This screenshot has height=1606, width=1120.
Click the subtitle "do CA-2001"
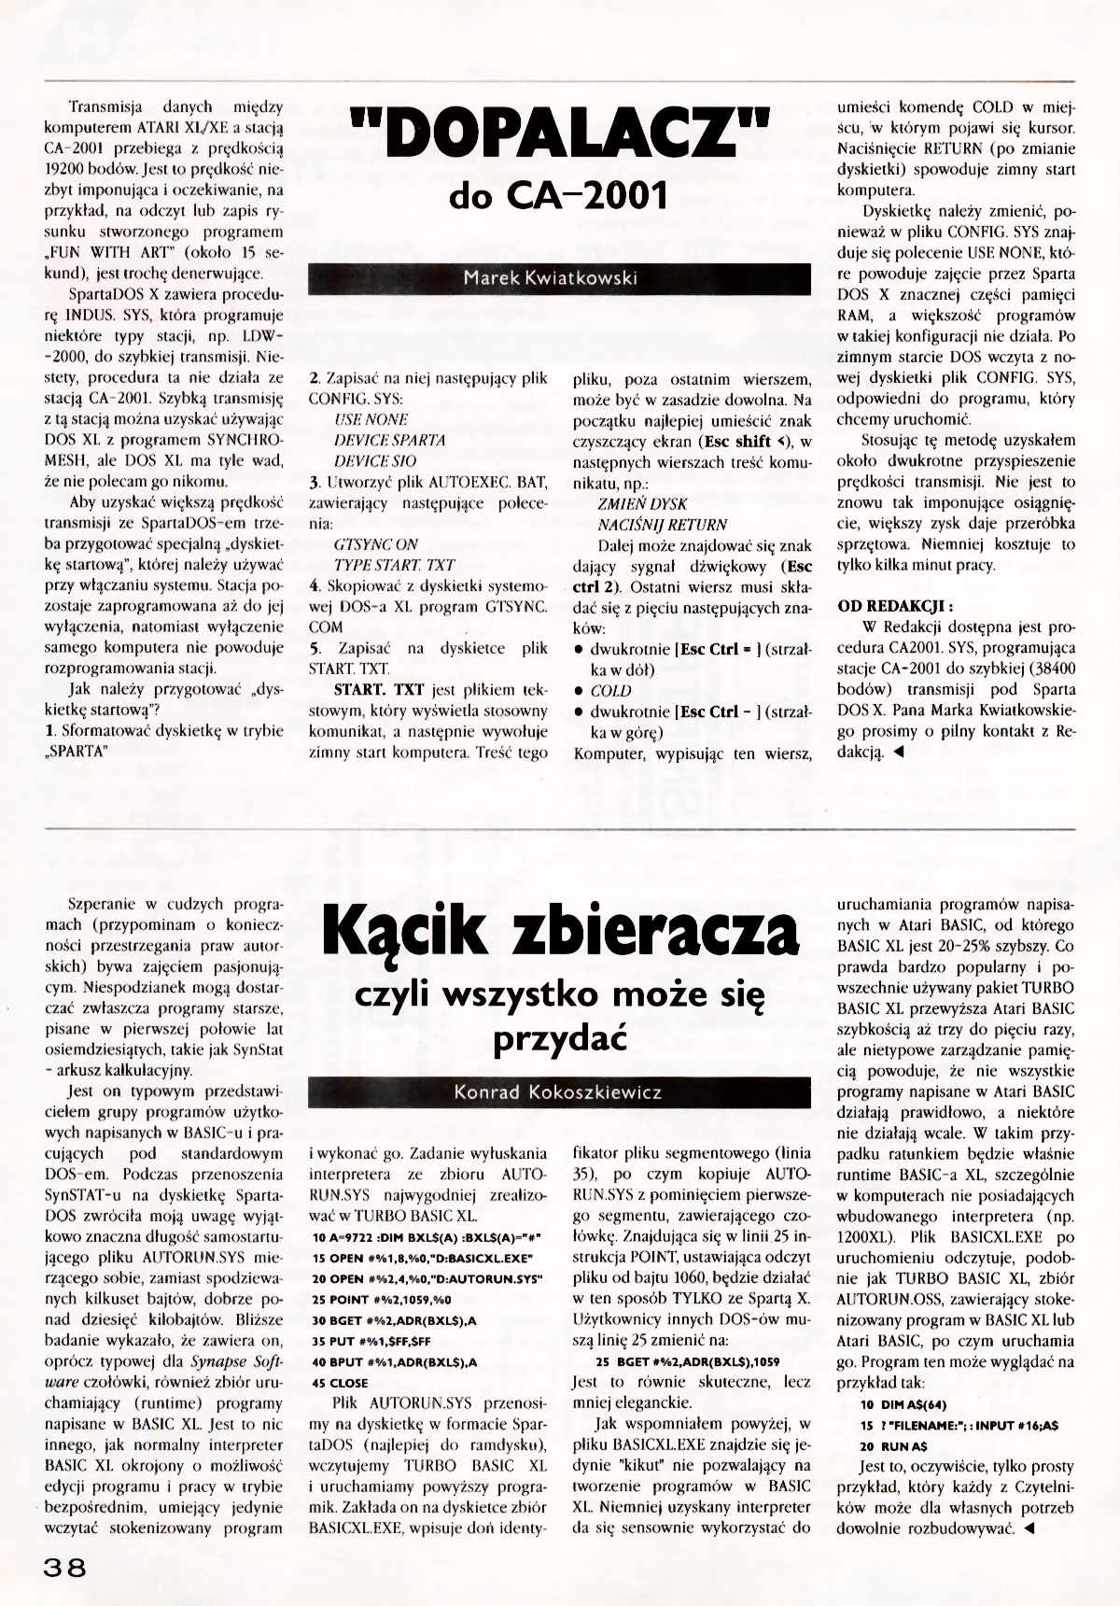(x=558, y=196)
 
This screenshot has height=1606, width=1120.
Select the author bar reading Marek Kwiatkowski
(x=559, y=278)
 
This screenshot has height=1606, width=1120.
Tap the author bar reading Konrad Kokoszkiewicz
(x=559, y=1092)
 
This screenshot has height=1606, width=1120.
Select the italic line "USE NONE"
(x=371, y=419)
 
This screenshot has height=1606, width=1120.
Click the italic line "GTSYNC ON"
(x=375, y=544)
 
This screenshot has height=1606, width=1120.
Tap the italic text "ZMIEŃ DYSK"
(x=642, y=503)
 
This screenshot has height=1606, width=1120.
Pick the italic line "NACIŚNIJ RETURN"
(x=662, y=525)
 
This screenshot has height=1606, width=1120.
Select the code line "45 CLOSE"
(x=341, y=1383)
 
